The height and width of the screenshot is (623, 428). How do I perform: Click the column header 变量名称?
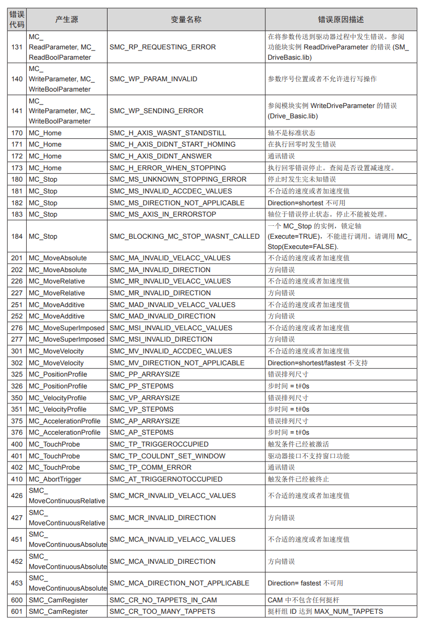(x=186, y=20)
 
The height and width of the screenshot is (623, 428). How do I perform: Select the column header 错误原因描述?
(x=341, y=20)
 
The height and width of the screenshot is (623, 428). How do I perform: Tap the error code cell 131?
(x=17, y=47)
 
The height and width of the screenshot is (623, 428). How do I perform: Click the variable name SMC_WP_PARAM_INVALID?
(x=153, y=79)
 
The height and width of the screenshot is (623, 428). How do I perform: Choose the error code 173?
(x=17, y=168)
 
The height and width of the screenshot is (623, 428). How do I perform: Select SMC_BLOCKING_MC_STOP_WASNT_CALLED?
(x=185, y=237)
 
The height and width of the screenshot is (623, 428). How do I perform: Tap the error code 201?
(x=17, y=258)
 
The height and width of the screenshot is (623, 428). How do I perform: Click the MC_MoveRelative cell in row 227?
(x=57, y=293)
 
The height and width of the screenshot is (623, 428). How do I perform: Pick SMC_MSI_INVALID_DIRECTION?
(x=161, y=340)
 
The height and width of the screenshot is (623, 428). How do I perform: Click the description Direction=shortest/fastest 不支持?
(x=317, y=363)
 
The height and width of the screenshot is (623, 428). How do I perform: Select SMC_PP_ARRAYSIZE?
(x=145, y=375)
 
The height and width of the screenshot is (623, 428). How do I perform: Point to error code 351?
(x=17, y=410)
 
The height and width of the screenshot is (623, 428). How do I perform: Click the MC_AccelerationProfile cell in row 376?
(x=64, y=433)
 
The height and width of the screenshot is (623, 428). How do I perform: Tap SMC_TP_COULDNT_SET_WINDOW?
(x=167, y=456)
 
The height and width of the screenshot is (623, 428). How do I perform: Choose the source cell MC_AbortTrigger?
(x=55, y=479)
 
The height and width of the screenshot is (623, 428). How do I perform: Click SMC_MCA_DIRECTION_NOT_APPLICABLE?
(x=180, y=583)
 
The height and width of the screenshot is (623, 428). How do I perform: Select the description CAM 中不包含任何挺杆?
(x=304, y=600)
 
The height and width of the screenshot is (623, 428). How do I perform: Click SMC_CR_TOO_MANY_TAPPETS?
(x=162, y=612)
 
